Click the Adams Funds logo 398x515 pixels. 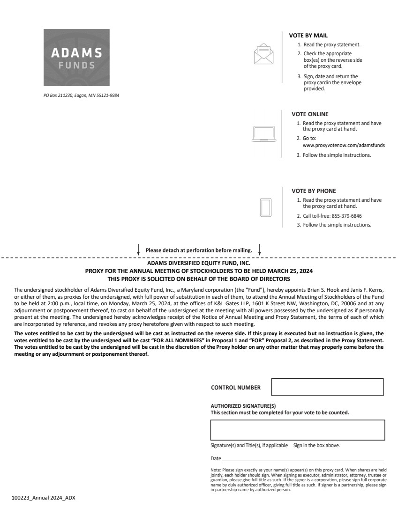click(x=76, y=57)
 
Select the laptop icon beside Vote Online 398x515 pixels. click(x=264, y=134)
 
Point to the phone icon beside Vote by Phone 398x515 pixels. click(x=266, y=207)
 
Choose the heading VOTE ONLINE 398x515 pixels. click(x=310, y=114)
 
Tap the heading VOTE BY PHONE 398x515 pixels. click(x=314, y=191)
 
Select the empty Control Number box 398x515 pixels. click(x=327, y=387)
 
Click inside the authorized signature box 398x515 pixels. click(x=297, y=430)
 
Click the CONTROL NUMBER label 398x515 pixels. click(x=236, y=388)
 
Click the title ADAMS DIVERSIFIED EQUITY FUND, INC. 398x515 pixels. click(x=199, y=264)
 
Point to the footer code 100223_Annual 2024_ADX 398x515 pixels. click(x=43, y=498)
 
